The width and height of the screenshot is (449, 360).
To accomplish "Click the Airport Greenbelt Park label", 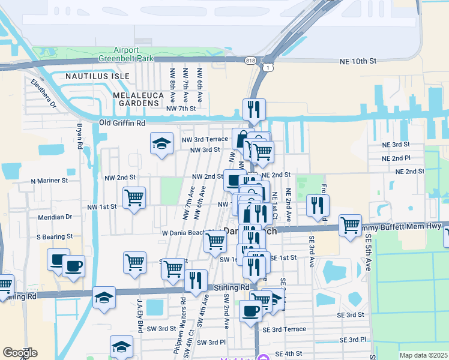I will (x=130, y=54).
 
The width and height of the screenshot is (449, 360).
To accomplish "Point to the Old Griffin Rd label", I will (x=122, y=123).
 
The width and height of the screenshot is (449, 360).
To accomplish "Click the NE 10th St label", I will (x=359, y=61).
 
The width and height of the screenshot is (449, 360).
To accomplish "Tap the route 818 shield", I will (x=250, y=60).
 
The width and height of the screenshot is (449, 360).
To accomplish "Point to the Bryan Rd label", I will (x=79, y=136).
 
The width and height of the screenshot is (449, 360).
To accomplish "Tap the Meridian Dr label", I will (x=55, y=217).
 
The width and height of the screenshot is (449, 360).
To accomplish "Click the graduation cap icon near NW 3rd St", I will (x=161, y=143).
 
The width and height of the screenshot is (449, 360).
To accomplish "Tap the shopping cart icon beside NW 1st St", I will (x=134, y=197).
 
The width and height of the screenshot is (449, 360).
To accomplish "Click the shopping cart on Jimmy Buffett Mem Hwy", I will (x=350, y=225).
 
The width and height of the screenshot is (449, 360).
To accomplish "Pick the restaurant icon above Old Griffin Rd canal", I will (x=253, y=109).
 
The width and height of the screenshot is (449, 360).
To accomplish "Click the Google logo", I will (x=20, y=352).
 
